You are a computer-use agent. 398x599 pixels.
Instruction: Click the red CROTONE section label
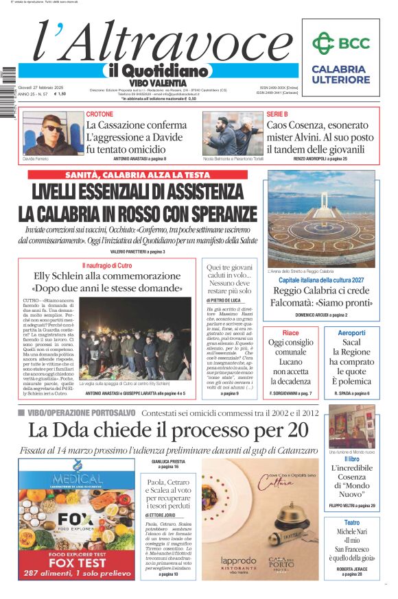point(100,114)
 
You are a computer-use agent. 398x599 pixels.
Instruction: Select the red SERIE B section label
point(277,114)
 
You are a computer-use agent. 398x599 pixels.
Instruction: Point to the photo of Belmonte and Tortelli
point(232,133)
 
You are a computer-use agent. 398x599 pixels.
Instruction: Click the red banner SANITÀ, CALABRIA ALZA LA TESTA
point(138,175)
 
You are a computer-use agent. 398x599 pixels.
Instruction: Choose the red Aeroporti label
point(352,332)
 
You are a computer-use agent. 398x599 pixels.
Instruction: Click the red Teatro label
point(351,522)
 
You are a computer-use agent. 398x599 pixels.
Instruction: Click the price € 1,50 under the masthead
point(61,94)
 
